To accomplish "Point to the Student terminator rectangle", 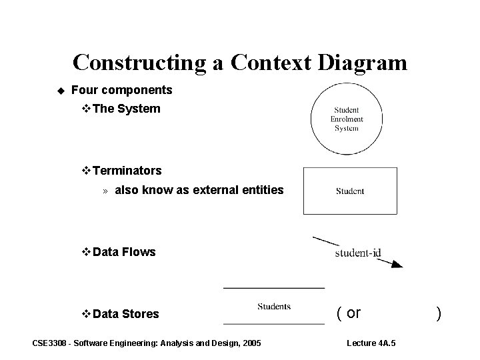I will tap(350, 191).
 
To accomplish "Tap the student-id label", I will tap(357, 253).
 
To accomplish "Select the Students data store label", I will tap(274, 307).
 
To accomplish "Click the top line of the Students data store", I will tap(274, 287).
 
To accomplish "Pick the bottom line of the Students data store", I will tap(274, 324).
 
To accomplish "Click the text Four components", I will tap(121, 89).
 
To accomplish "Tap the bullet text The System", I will tap(127, 109).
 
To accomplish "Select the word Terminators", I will tap(127, 171).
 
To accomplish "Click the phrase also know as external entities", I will tap(199, 191).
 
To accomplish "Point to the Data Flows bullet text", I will tap(124, 252).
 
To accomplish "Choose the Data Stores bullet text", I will tap(126, 314).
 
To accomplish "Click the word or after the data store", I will tap(353, 313).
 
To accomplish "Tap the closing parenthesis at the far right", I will tap(438, 313).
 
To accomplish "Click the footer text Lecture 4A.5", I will tap(371, 343).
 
